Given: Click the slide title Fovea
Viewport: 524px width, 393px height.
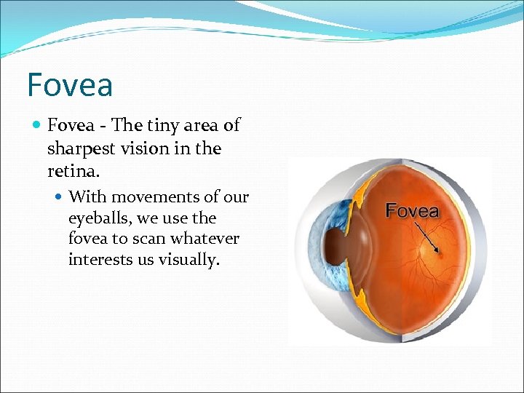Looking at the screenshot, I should (70, 84).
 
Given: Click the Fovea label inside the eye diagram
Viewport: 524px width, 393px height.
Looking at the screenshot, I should (412, 211).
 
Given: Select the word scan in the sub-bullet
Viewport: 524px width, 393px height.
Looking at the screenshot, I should (143, 239).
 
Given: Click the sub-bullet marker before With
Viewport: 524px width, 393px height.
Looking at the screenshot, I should (59, 197).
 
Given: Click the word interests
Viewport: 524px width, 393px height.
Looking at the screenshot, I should (98, 260).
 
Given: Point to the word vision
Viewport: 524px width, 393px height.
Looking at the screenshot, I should (143, 148).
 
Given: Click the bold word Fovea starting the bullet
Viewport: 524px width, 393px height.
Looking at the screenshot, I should (71, 126).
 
